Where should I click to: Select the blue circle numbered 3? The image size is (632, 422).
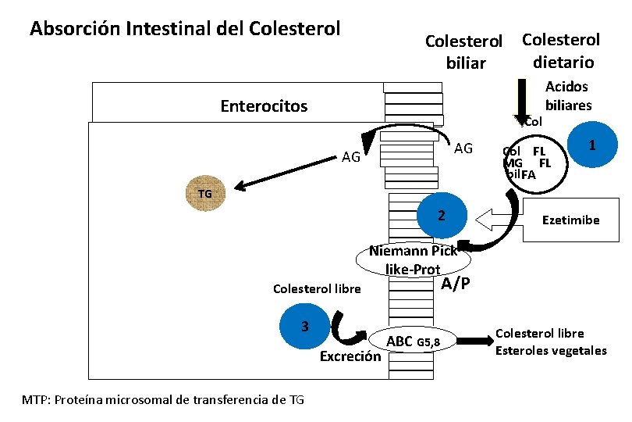306,326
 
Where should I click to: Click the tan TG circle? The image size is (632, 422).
204,194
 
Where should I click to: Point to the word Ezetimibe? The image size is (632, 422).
570,220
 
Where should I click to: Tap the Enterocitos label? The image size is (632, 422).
264,105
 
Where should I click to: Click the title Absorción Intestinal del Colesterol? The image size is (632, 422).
185,29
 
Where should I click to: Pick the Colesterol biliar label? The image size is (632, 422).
466,52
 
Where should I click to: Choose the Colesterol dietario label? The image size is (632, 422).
561,51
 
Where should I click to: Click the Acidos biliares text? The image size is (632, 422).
567,96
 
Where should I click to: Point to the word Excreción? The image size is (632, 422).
350,357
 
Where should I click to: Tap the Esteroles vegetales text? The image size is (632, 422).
551,350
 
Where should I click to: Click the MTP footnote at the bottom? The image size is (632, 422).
163,400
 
